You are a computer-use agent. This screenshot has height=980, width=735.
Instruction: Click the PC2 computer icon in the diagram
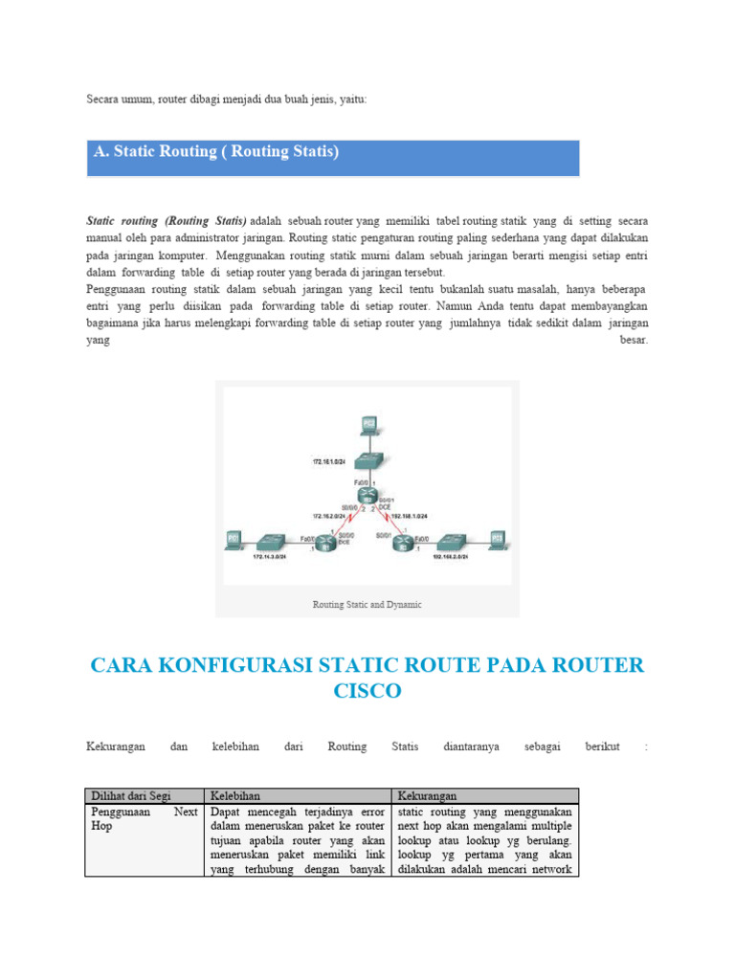click(x=369, y=425)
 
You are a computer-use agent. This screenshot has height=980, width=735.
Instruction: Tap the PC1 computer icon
click(x=232, y=541)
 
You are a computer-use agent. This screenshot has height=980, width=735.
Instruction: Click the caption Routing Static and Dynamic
click(x=367, y=605)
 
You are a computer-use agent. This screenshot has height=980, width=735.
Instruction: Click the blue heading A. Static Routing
click(x=216, y=152)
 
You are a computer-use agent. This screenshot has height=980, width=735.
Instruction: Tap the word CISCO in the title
click(x=367, y=691)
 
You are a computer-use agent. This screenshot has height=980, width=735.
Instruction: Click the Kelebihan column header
click(x=235, y=795)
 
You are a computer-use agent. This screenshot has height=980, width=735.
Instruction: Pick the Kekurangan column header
click(x=426, y=795)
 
